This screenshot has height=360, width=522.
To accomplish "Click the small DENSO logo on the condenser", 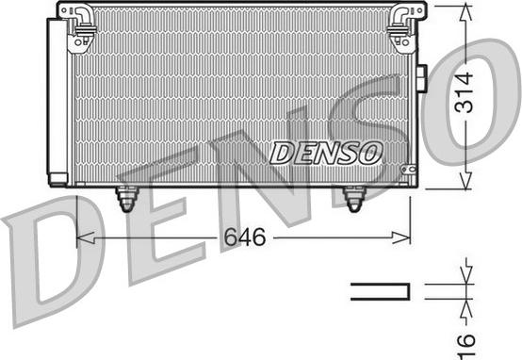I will click(325, 151).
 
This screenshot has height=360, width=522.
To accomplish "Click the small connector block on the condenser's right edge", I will click(421, 80).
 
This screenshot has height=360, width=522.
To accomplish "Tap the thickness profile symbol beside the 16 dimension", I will click(380, 291).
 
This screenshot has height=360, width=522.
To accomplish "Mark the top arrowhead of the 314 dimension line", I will click(465, 10).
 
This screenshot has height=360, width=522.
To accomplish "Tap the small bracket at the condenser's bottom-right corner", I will click(407, 172).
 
